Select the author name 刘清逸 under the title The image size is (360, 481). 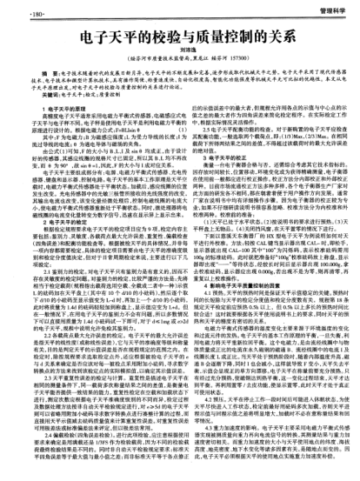coord(179,51)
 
